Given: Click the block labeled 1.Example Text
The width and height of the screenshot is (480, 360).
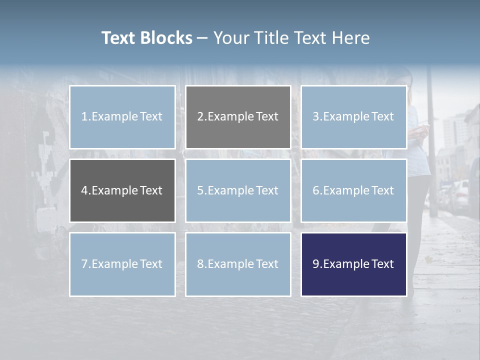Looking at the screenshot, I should tap(122, 117).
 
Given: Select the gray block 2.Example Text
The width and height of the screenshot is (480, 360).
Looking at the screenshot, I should tap(238, 117).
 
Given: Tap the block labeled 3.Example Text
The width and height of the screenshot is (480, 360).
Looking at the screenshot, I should tap(353, 117).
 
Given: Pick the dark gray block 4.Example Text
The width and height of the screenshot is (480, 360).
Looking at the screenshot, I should tap(122, 190).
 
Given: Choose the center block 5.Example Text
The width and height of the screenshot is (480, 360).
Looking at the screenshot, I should tap(238, 190).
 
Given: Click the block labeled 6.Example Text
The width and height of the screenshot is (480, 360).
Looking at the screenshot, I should tap(353, 190).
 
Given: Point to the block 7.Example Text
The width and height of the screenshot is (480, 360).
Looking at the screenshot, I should tap(122, 264).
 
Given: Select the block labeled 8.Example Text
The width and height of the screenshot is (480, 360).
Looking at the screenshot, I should tap(238, 264).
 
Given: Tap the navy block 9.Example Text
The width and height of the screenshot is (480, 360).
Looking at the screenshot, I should tap(353, 264).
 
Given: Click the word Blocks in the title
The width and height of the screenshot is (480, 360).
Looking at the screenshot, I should tap(166, 38).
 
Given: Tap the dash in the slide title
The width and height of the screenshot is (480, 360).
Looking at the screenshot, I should tap(202, 38).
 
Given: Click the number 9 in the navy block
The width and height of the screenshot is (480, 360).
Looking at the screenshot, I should tap(315, 264).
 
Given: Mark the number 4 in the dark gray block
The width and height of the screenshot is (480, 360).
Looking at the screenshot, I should tap(84, 190).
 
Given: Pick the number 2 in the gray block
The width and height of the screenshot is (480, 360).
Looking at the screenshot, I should tap(200, 117).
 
